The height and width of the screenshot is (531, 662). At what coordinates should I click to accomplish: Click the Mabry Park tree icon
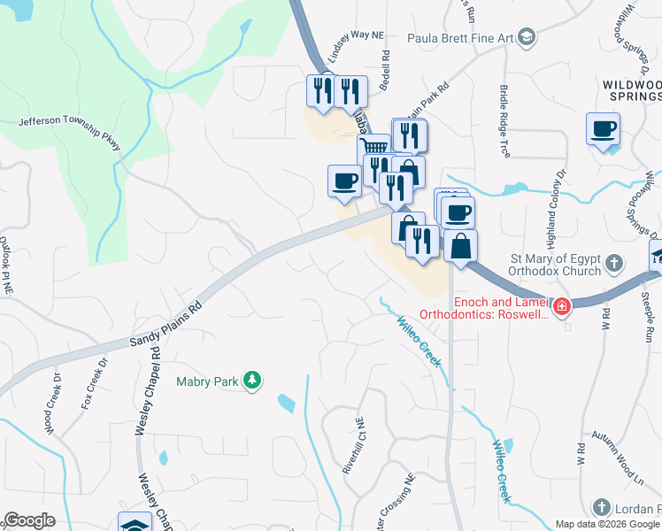click(253, 380)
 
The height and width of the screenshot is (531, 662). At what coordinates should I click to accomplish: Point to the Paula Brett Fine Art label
click(460, 37)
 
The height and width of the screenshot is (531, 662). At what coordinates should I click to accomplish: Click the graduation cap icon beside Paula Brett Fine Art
click(527, 36)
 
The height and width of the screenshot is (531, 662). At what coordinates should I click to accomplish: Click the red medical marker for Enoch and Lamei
click(562, 307)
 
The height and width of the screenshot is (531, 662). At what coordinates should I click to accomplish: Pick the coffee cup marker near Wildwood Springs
click(603, 129)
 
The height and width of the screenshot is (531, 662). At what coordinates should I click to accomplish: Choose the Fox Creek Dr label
click(94, 383)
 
